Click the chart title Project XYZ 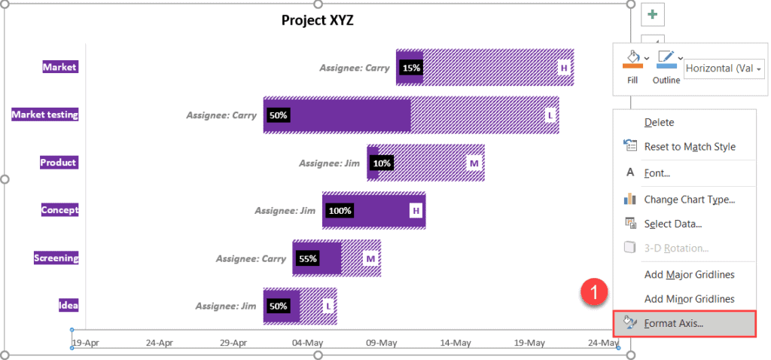(317, 20)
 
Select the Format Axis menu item (674, 323)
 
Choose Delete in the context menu (659, 122)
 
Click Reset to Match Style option (690, 147)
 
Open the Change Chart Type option (689, 200)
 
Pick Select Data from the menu (672, 224)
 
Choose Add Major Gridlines (689, 274)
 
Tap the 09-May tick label (381, 343)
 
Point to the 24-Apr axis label (159, 343)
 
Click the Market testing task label (45, 114)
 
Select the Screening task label (56, 258)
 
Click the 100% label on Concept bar (340, 211)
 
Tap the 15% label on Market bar (411, 68)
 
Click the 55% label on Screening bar (307, 258)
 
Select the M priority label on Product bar (474, 163)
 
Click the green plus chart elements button (652, 14)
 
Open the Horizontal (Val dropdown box (724, 68)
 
